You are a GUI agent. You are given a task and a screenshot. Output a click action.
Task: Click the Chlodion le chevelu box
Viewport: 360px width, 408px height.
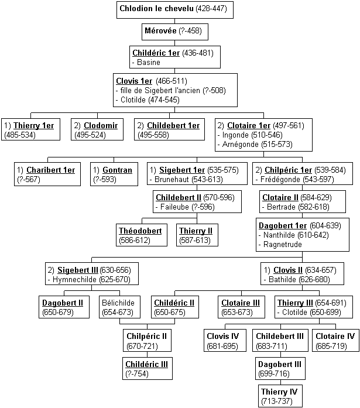tap(175, 9)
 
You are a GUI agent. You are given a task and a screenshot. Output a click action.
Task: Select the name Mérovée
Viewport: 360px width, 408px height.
tap(160, 30)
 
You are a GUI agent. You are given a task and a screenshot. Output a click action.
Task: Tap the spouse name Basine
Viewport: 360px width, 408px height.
tap(149, 62)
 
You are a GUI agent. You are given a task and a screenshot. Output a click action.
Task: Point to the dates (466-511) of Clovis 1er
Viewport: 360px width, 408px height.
tap(172, 81)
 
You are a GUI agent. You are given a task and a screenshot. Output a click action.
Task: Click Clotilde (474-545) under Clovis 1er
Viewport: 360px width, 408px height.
tap(150, 100)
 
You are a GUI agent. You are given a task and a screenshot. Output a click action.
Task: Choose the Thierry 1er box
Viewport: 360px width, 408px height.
tap(30, 129)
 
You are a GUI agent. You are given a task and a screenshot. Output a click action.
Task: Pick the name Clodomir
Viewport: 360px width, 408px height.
tap(101, 125)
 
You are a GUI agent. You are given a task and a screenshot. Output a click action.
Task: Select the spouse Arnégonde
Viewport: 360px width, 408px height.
tap(241, 144)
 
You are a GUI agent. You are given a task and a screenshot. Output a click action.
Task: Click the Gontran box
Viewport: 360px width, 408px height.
tap(114, 174)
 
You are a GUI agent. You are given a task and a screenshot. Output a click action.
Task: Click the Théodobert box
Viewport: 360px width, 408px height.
tap(142, 235)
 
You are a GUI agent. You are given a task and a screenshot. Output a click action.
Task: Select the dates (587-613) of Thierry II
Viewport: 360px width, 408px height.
tap(195, 240)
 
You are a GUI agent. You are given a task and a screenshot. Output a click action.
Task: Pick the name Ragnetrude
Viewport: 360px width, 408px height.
tap(283, 244)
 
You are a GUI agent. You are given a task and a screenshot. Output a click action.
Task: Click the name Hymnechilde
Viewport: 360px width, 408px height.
tap(74, 279)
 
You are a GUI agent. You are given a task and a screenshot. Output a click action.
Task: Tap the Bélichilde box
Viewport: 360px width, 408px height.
tap(119, 307)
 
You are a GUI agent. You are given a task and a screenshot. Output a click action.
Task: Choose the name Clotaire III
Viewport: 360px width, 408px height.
tap(241, 303)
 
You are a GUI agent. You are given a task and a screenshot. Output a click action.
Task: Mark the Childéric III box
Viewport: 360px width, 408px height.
tap(148, 368)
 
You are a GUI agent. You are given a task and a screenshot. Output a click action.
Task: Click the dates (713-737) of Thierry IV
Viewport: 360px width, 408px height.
tap(277, 401)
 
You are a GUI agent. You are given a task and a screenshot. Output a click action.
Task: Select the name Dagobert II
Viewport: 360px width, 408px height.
tap(63, 303)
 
